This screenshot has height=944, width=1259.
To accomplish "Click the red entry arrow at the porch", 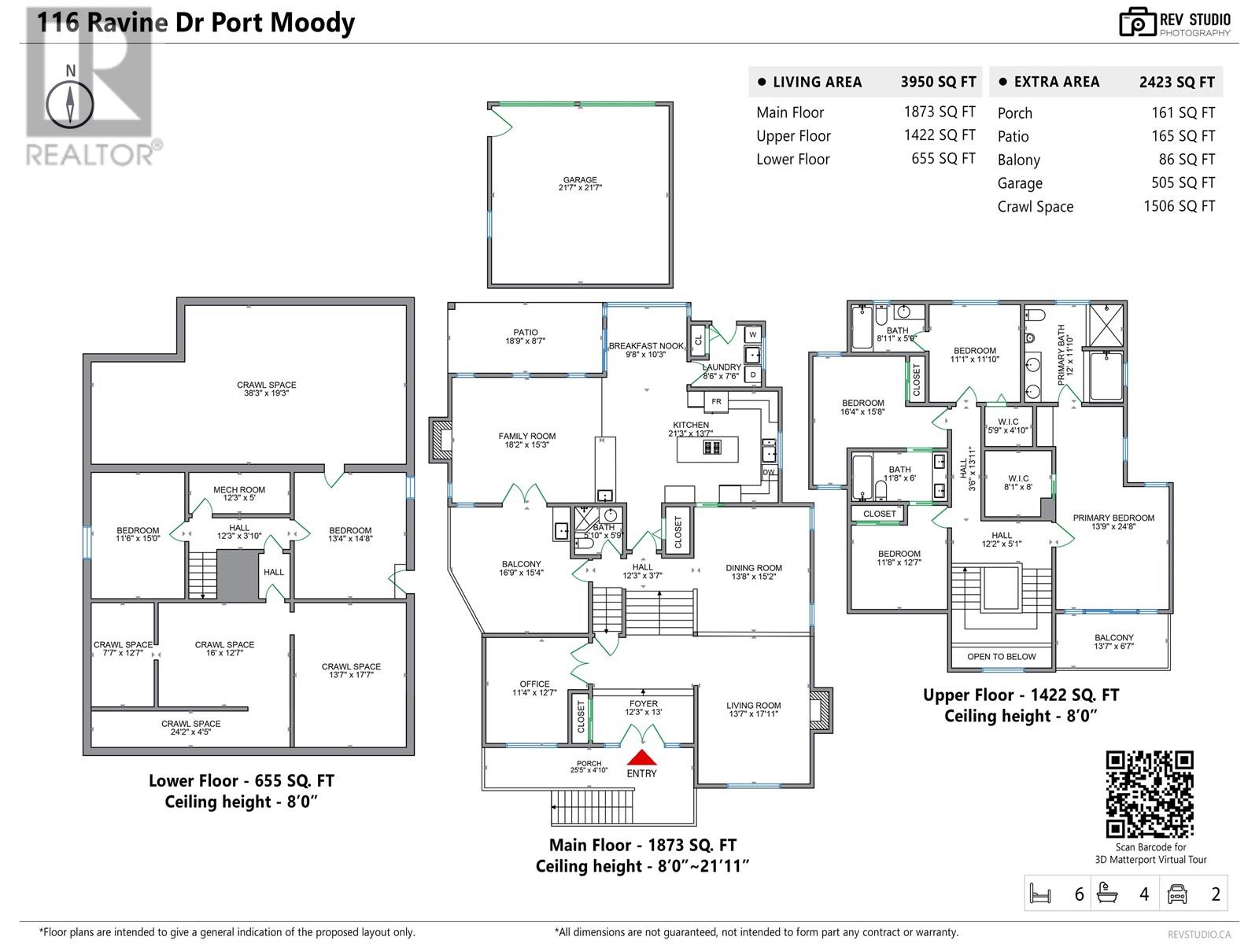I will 642,758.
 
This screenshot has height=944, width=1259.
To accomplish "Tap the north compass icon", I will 71,103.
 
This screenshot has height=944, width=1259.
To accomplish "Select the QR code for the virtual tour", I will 1150,794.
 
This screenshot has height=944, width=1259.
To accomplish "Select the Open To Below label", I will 1001,656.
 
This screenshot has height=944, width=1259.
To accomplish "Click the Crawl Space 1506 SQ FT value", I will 1179,206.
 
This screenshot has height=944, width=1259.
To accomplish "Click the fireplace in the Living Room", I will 821,710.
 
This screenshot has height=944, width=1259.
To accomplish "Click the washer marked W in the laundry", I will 752,334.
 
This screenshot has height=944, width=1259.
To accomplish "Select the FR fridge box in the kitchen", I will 716,401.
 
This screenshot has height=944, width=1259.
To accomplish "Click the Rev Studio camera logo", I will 1137,22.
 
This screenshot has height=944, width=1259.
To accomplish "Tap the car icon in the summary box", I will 1177,894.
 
